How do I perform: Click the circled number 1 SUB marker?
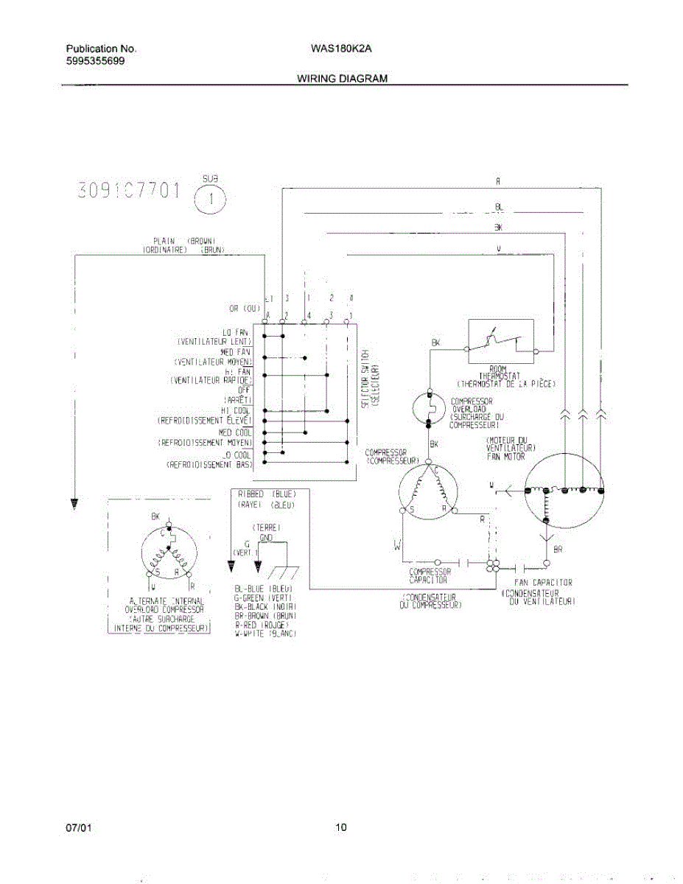(x=210, y=197)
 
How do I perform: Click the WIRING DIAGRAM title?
(x=342, y=78)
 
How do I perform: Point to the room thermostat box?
(x=500, y=341)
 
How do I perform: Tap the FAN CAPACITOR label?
(x=543, y=583)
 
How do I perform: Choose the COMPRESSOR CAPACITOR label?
(x=430, y=575)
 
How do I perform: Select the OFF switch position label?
(x=244, y=390)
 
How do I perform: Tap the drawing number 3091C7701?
(x=128, y=191)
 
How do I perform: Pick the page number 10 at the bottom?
(x=340, y=827)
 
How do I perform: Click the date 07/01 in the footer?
(x=78, y=827)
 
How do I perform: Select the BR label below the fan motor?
(x=558, y=550)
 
